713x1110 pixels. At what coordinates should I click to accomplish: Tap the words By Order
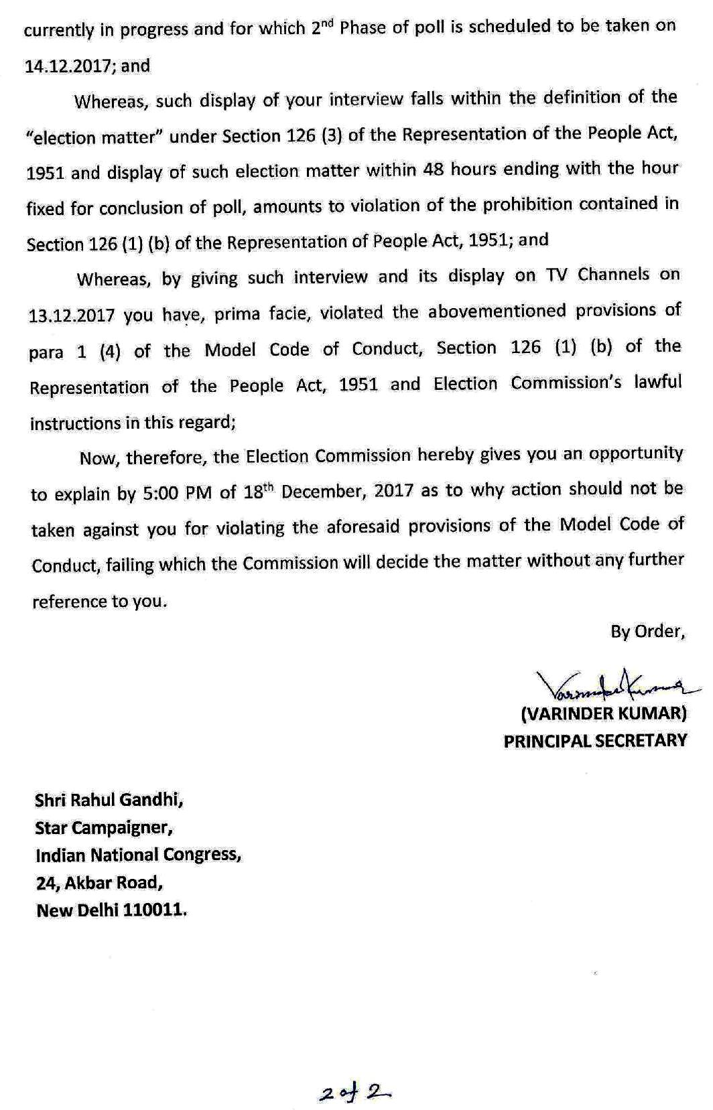tap(647, 631)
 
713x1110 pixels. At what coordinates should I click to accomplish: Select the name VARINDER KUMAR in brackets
tap(603, 713)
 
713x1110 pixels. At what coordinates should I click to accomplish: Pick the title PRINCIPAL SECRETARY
tap(595, 740)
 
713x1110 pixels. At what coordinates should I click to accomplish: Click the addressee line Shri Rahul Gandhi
tap(109, 800)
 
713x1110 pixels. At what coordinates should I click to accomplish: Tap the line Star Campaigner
tap(104, 828)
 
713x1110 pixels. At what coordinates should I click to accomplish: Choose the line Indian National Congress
tap(138, 855)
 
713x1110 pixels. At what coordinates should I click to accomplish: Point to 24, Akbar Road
tap(99, 883)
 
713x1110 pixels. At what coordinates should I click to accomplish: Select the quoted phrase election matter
tap(94, 138)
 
